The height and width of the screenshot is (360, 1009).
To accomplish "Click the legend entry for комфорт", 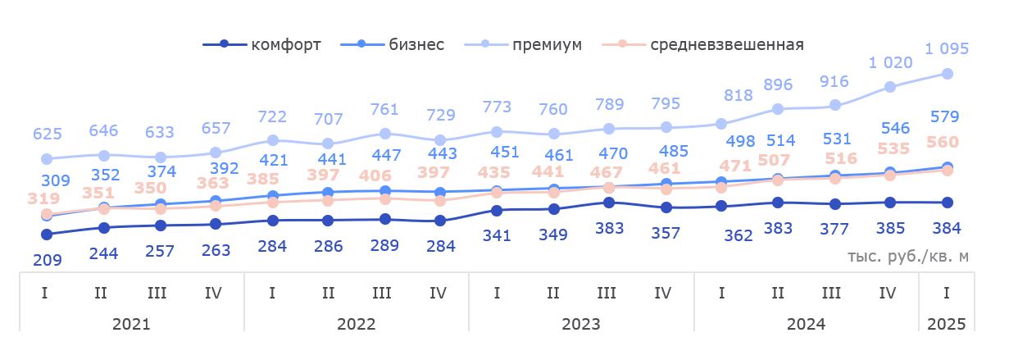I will (x=263, y=44).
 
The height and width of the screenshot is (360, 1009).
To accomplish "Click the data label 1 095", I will (x=947, y=49).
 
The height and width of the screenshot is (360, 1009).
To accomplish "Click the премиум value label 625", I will (x=47, y=133).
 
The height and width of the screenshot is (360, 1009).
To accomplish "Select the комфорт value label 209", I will (x=47, y=260).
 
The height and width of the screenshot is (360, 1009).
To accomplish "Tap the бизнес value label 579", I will (x=946, y=116).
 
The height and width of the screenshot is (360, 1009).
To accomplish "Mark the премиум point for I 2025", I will (x=947, y=74).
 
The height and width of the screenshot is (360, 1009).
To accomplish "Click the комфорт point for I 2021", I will (x=47, y=235).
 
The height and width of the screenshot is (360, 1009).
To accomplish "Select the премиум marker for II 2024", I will (x=777, y=108).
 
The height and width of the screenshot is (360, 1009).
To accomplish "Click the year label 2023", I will (x=581, y=323).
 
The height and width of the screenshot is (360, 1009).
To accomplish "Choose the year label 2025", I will (x=947, y=323).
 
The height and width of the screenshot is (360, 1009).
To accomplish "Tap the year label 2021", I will (x=131, y=323).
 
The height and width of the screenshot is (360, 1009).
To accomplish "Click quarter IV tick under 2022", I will (x=438, y=292).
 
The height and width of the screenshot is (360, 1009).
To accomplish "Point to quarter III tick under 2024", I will (x=831, y=292).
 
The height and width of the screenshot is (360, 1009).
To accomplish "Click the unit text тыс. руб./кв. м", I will (x=907, y=256).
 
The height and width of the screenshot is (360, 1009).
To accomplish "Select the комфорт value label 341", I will (x=497, y=235).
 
